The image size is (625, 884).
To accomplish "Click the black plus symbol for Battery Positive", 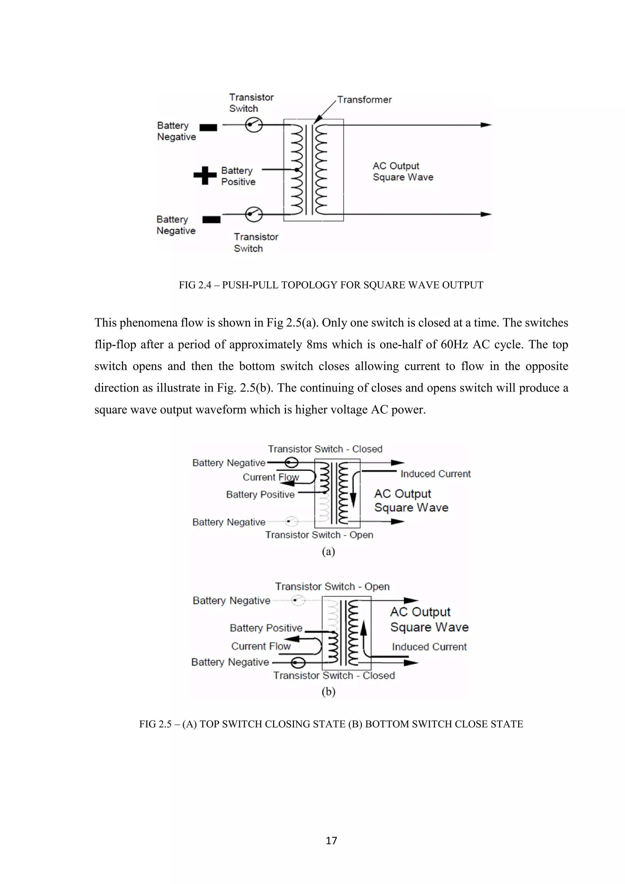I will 205,176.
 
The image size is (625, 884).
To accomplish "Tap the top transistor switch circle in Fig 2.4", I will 254,125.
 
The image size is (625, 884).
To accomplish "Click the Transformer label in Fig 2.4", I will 364,100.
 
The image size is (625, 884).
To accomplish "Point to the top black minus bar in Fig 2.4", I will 208,127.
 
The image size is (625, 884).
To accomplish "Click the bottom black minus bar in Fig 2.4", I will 211,220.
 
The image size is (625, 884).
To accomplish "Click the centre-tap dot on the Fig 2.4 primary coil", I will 296,169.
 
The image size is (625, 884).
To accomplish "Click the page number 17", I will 331,840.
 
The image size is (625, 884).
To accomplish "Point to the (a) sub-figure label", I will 328,551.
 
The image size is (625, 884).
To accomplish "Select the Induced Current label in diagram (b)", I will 429,647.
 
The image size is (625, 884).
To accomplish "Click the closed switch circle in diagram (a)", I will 291,462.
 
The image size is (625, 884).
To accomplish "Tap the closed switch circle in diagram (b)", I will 298,663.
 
